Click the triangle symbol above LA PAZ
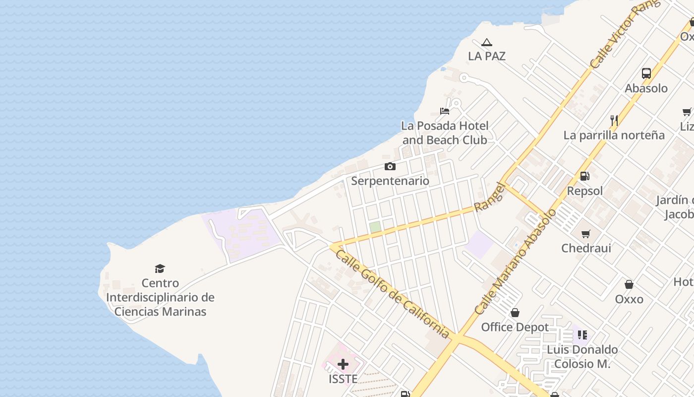coord(487,43)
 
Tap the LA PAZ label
coord(487,56)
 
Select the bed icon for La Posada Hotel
coord(445,111)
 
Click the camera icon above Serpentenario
coord(390,167)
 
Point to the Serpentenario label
coord(390,181)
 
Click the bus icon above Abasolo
coord(646,73)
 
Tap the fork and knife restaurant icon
coord(614,121)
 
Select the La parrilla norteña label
coord(614,135)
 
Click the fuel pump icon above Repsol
coord(585,176)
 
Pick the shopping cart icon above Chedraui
coord(586,234)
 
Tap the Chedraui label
coord(586,248)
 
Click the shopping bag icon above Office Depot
coord(515,313)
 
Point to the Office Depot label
coord(515,327)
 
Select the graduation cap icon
coord(160,268)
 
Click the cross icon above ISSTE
coord(343,365)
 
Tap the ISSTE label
coord(343,379)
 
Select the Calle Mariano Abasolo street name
coord(516,262)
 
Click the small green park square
coord(375,227)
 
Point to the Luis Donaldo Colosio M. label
coord(582,356)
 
